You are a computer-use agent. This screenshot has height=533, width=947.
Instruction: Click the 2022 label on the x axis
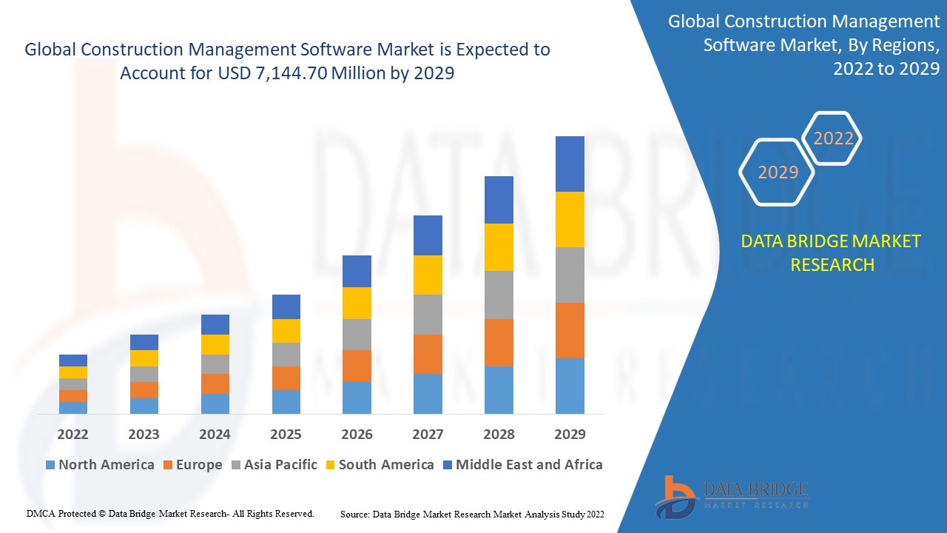coord(73,434)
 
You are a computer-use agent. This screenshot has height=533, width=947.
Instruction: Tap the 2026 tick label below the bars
coord(357,434)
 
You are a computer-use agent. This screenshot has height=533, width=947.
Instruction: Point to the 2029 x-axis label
coord(570,434)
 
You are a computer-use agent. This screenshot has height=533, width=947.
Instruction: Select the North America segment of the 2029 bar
coord(570,386)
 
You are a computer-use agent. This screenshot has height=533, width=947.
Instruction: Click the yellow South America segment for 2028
coord(499,247)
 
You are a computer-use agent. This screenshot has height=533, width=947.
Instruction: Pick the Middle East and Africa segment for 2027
coord(428,235)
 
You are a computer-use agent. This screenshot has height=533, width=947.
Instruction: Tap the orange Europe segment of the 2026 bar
coord(357,366)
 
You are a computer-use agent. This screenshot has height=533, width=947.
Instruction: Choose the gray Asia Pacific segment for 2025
coord(286,355)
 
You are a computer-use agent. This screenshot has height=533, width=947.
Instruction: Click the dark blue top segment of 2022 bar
coord(73,361)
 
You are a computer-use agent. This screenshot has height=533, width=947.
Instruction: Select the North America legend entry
coord(100,465)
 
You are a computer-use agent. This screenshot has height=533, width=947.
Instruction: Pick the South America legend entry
coord(379,465)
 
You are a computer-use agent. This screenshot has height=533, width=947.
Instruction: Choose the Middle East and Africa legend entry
coord(522,465)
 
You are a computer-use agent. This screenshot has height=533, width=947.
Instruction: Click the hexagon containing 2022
coord(833,138)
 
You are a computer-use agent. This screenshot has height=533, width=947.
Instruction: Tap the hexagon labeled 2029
coord(778,172)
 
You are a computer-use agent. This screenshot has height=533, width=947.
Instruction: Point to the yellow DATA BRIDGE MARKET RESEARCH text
coord(832,253)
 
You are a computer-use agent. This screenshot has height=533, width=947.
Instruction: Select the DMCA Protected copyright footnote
coord(170,513)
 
